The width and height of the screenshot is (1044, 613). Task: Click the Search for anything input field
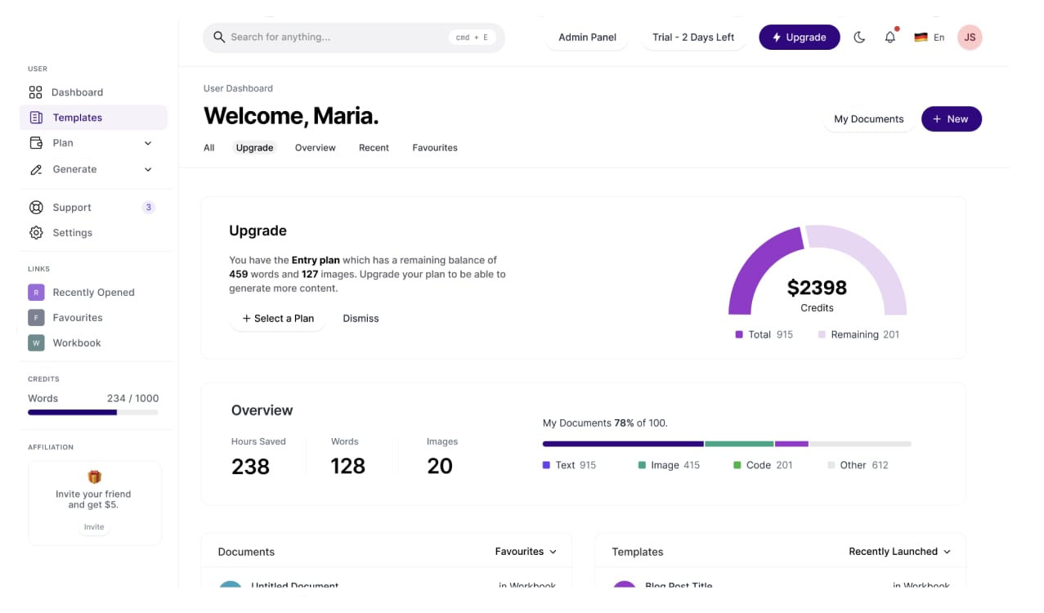point(335,38)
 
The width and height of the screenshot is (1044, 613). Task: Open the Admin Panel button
point(587,38)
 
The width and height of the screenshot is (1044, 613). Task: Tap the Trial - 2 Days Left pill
point(693,38)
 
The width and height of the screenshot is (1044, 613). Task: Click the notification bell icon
point(890,38)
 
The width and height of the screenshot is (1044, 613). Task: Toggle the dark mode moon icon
point(859,38)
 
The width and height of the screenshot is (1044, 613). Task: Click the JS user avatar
point(970,38)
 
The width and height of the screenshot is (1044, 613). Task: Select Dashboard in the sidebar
point(77,92)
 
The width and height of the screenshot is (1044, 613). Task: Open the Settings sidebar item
point(72,233)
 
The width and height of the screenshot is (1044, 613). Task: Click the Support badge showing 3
point(148,208)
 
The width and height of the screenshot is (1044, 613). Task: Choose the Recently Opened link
point(93,293)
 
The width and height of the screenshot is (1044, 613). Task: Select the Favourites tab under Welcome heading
point(435,148)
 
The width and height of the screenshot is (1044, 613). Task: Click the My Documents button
point(868,119)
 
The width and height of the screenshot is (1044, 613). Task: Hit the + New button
point(951,119)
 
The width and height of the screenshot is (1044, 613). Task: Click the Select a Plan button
point(278,319)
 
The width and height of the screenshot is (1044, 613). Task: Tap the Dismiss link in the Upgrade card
point(361,319)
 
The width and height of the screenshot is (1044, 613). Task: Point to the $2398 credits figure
point(817,288)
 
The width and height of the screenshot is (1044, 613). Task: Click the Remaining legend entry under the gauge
point(858,335)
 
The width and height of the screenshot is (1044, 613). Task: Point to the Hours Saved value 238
point(250,467)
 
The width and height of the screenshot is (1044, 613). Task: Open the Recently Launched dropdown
point(899,552)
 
